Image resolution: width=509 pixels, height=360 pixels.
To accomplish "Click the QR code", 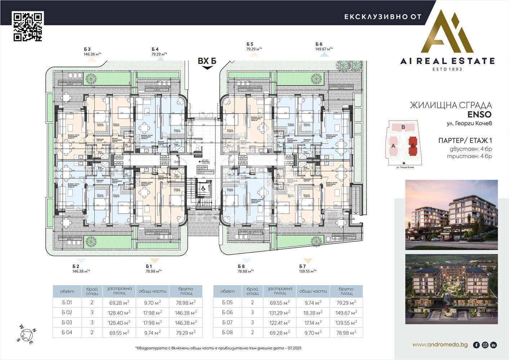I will tap(28, 26).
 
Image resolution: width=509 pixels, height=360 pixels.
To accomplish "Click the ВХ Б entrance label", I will tap(207, 61).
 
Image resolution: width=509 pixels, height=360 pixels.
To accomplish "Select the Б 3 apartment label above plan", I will tap(87, 49).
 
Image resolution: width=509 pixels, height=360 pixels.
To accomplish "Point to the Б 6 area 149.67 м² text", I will tap(324, 49).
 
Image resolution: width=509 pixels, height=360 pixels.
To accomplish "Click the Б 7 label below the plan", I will tap(302, 266).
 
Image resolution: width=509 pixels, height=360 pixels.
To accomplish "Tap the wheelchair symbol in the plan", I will tap(203, 187).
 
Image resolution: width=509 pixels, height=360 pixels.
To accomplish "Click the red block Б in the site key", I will tap(413, 146).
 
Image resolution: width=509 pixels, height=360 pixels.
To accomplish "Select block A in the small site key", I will tap(393, 146).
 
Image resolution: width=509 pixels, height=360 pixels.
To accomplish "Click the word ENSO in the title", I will tap(479, 115).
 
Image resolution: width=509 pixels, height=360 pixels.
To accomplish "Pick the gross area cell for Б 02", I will tap(186, 313).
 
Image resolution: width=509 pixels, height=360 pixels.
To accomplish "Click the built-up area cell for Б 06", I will tap(280, 313).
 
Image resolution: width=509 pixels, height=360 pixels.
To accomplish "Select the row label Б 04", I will tap(67, 333).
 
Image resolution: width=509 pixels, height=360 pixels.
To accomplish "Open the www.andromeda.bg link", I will tap(440, 345).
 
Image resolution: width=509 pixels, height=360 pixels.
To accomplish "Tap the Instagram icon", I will tap(485, 345).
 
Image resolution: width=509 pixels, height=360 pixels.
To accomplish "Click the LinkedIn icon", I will tap(494, 345).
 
